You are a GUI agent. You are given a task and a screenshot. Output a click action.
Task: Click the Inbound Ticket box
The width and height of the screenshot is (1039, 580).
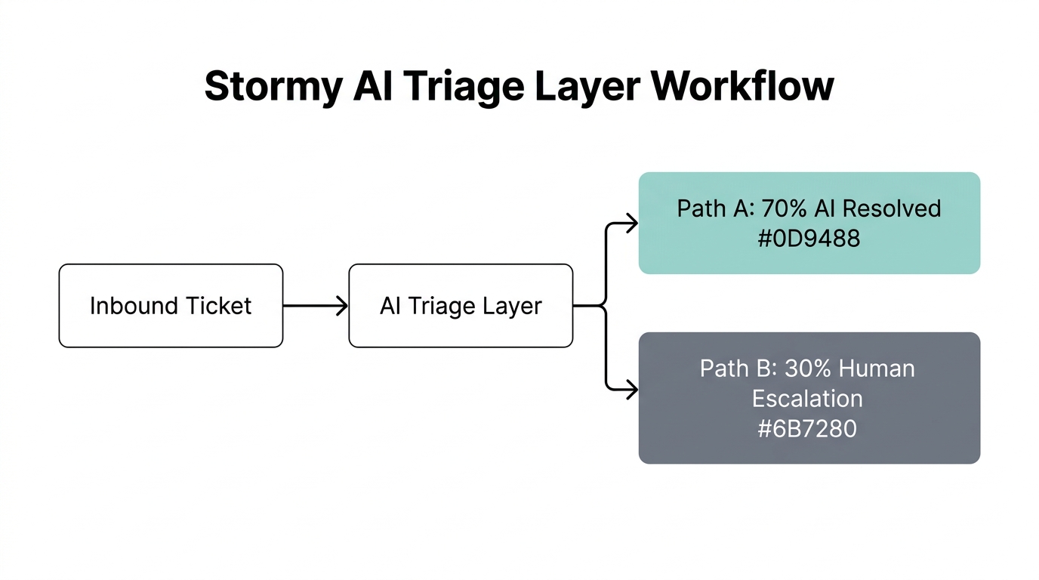pyautogui.click(x=171, y=305)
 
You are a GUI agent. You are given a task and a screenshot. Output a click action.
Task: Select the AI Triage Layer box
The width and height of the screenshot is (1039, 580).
pyautogui.click(x=461, y=305)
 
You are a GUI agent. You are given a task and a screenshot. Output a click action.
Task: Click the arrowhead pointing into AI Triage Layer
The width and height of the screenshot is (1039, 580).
pyautogui.click(x=343, y=305)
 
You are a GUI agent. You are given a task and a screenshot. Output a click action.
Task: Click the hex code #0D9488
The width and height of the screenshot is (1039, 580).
pyautogui.click(x=809, y=239)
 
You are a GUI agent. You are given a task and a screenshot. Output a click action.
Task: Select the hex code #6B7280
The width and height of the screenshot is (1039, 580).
pyautogui.click(x=807, y=429)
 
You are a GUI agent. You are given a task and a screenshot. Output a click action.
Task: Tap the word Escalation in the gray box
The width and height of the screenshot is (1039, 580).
pyautogui.click(x=807, y=399)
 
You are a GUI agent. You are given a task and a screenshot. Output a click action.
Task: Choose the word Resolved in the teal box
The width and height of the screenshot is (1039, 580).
pyautogui.click(x=897, y=208)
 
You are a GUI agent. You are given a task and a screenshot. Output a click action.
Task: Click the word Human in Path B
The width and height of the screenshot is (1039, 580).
pyautogui.click(x=877, y=369)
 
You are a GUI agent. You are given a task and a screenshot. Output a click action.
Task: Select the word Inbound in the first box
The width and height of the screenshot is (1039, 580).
pyautogui.click(x=131, y=306)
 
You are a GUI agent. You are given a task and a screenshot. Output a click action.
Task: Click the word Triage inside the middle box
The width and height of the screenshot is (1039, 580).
pyautogui.click(x=446, y=306)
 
